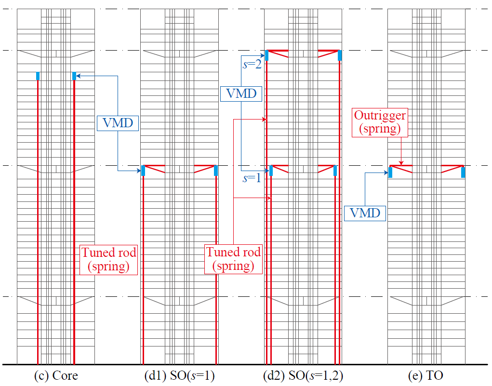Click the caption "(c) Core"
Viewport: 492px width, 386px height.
[56, 375]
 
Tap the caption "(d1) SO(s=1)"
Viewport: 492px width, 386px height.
[179, 375]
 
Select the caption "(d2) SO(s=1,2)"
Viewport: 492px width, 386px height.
[303, 375]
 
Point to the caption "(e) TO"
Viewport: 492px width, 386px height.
[426, 375]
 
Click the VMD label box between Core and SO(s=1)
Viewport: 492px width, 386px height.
[118, 123]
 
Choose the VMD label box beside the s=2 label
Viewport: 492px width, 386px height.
[241, 93]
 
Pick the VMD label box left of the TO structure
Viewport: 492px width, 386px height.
[365, 213]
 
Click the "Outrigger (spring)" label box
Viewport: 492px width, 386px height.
[380, 122]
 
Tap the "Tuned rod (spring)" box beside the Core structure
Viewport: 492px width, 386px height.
[108, 260]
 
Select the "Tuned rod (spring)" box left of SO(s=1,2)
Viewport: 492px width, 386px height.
[233, 259]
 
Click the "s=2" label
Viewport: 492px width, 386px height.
[252, 65]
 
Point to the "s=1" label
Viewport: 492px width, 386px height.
[252, 178]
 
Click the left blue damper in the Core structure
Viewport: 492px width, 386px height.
[38, 76]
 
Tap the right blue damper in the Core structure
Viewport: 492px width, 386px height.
[74, 76]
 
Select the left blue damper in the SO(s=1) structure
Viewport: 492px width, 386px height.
[143, 171]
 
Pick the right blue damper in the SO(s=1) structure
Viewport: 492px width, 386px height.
[216, 171]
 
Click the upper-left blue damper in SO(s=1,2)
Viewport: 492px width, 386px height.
[266, 55]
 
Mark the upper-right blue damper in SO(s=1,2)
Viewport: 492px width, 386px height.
[340, 55]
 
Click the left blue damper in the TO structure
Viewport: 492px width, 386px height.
[390, 173]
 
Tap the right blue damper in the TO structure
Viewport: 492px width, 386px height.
[463, 173]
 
